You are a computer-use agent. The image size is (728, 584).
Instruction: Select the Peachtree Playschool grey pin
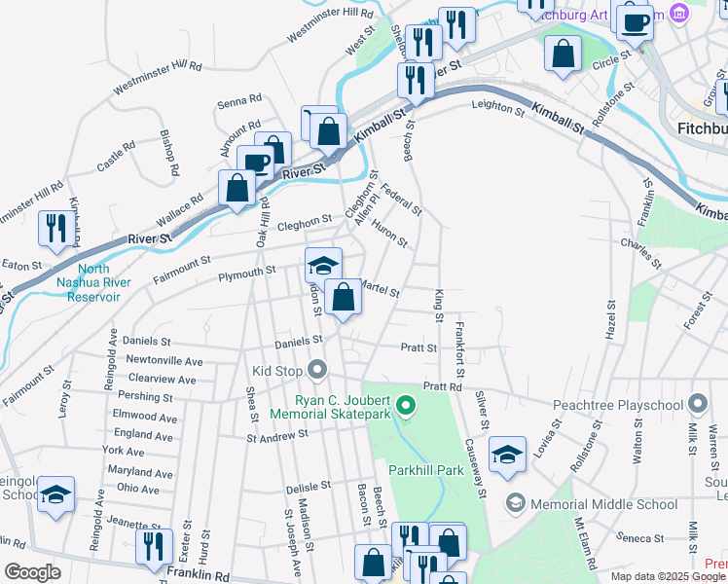pos(698,403)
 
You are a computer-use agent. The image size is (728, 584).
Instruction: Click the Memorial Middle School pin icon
pos(516,503)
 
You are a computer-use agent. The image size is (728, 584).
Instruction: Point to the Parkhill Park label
pos(426,470)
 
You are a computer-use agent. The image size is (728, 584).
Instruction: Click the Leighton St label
pos(497,111)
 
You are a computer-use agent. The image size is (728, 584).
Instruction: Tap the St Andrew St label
pos(276,437)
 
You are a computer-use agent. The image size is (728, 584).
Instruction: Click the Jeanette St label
pos(135,526)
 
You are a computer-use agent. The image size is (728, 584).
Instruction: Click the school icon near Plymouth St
pos(323,265)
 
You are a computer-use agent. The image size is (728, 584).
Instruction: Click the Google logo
pos(32,572)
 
